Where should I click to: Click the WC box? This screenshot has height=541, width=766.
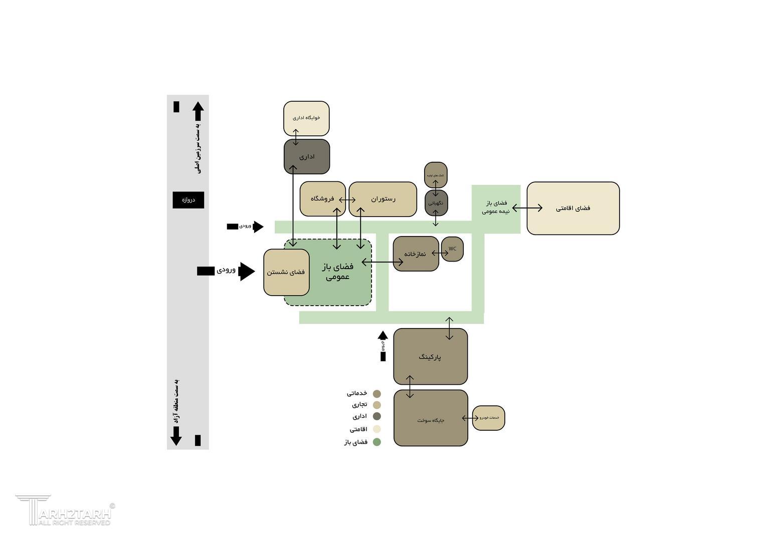452,249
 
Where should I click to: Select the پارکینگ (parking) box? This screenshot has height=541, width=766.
430,357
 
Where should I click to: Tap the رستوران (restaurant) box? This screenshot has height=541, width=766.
383,199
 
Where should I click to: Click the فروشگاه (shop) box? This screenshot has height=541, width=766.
322,199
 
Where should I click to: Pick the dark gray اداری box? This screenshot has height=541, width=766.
307,157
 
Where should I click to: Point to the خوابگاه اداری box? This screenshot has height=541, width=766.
306,118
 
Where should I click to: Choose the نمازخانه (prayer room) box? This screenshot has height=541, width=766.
416,254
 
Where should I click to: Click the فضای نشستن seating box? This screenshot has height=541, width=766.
286,272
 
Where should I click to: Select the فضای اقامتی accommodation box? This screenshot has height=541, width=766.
573,208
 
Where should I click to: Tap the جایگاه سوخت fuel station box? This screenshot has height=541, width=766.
431,420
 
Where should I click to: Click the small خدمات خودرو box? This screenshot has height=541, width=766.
489,418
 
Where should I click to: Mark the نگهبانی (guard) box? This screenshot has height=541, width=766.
436,203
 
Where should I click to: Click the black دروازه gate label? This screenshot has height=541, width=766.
188,200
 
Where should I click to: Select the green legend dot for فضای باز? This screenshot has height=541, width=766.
377,442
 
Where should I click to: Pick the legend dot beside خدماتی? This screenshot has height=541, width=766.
377,394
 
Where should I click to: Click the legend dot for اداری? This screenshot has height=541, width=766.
377,416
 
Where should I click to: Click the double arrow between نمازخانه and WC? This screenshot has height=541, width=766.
440,253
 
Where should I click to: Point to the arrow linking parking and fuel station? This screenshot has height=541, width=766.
410,387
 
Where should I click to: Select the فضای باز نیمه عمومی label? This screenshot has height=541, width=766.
496,207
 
